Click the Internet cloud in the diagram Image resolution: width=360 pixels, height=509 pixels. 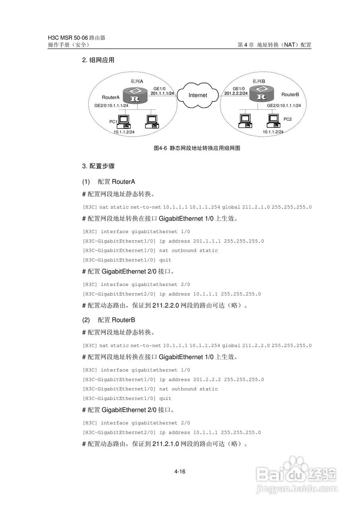click(198, 95)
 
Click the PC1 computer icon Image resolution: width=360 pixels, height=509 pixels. click(124, 120)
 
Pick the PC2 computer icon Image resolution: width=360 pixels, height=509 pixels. click(273, 120)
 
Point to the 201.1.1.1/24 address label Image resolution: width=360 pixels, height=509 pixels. click(162, 93)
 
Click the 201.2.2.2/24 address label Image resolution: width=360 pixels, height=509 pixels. click(236, 93)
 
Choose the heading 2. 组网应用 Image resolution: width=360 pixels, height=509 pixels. click(98, 60)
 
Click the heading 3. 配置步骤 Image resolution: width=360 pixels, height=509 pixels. click(98, 166)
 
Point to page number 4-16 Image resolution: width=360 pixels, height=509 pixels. click(180, 472)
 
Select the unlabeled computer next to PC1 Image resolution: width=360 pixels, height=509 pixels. click(152, 120)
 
